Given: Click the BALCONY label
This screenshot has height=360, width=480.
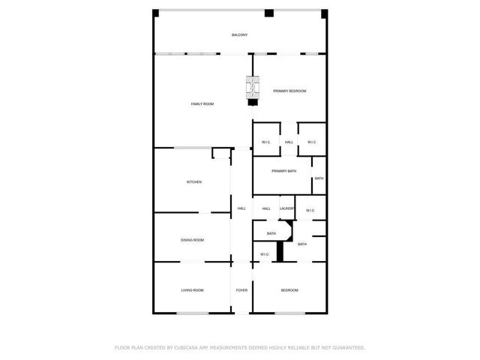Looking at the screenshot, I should pos(239,35).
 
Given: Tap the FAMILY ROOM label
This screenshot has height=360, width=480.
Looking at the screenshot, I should pos(202,103).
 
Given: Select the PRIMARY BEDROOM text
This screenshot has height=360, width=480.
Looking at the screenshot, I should pos(289,91).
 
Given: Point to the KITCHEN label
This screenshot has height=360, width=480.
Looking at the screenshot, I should pos(194,181).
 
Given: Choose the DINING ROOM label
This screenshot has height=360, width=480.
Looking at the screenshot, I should pos(192,240).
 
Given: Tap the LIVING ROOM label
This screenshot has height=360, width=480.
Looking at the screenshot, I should pos(192,290).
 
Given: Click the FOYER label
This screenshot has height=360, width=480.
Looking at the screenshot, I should pos(241,290).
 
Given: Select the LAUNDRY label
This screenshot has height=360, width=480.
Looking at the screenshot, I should pos(286,208).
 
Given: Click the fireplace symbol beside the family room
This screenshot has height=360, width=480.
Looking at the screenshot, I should pos(253,90).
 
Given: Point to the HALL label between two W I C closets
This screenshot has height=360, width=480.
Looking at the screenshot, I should pos(289,142).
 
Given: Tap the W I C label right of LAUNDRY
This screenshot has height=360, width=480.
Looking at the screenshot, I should pos(310,210).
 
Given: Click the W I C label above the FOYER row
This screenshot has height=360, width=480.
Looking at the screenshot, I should pos(265,255).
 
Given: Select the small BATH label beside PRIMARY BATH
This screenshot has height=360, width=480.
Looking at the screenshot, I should pos(319,178).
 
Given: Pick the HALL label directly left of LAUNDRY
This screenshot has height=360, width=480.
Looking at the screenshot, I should pos(266,208).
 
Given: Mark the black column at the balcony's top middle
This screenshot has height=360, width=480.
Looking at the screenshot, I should pos(268,13).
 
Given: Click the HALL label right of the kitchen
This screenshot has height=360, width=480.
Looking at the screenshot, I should pos(241,208).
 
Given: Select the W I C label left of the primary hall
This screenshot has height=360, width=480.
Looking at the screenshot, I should pos(265,142).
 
